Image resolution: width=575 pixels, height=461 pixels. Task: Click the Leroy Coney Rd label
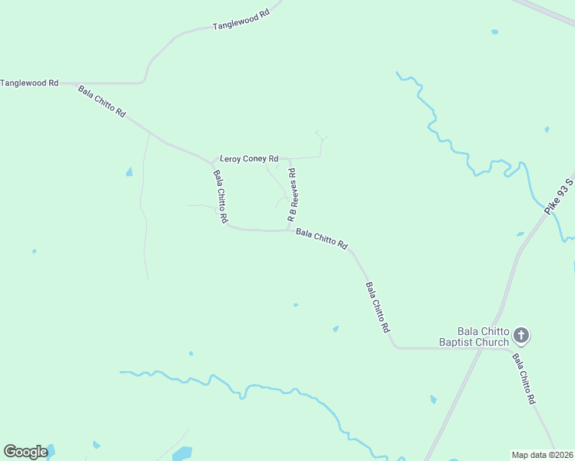(249, 159)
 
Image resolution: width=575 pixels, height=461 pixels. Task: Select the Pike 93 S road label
(559, 197)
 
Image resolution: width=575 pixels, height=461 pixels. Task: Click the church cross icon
(521, 335)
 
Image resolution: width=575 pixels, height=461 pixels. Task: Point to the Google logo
(25, 452)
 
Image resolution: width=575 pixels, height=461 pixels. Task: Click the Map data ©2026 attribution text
(542, 454)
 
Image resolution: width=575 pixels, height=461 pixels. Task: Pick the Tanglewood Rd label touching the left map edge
(30, 82)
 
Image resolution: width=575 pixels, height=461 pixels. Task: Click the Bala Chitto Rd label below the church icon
(524, 380)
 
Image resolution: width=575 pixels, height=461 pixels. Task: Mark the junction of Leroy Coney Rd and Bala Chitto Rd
(213, 162)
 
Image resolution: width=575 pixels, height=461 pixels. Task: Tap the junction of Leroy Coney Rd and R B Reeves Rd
(291, 158)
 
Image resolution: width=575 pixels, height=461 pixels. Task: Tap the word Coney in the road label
(254, 159)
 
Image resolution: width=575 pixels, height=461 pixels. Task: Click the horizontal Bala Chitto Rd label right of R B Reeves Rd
(322, 239)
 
